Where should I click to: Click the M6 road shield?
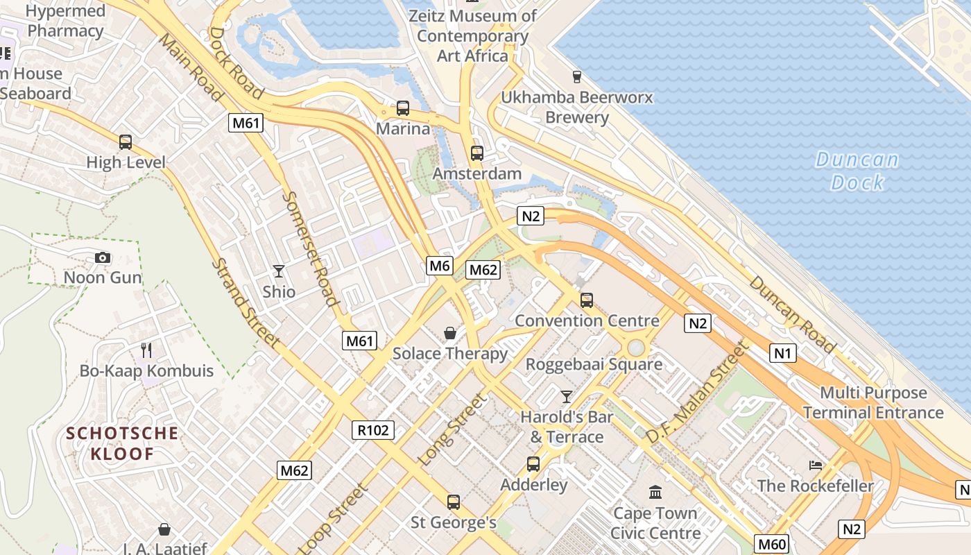point(440,265)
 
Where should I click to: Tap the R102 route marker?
point(373,430)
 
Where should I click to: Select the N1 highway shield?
point(782,353)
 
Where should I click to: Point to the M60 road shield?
point(771,544)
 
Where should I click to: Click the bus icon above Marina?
point(403,108)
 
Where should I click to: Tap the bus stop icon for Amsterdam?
point(476,153)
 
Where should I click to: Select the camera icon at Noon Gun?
point(103,258)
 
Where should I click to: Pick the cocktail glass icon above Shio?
point(279,271)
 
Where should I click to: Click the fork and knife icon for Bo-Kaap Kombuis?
point(146,350)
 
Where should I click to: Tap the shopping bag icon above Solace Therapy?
point(450,333)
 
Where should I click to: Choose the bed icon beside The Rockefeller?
point(816,465)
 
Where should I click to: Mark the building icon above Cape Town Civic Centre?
point(655,493)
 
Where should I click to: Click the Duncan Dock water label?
point(857,171)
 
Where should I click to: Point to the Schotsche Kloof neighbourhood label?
point(122,444)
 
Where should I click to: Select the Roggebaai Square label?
point(594,364)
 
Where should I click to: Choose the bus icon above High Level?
point(126,142)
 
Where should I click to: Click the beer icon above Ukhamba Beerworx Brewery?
point(576,76)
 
